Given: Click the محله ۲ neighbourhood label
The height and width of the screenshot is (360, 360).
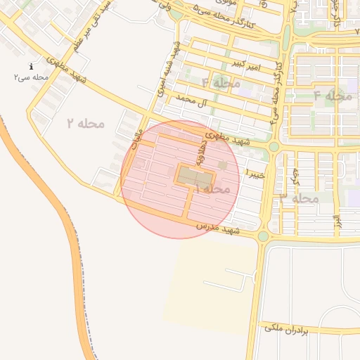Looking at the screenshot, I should tap(85, 124).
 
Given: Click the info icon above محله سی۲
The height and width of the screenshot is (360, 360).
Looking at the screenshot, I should tap(32, 67).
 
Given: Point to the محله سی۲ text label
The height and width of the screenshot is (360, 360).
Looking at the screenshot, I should tap(32, 77).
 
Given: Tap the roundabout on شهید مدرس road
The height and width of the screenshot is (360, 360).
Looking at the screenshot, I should tap(263, 237).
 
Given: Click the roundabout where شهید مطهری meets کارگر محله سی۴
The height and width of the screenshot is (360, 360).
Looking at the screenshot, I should tap(274, 146).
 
